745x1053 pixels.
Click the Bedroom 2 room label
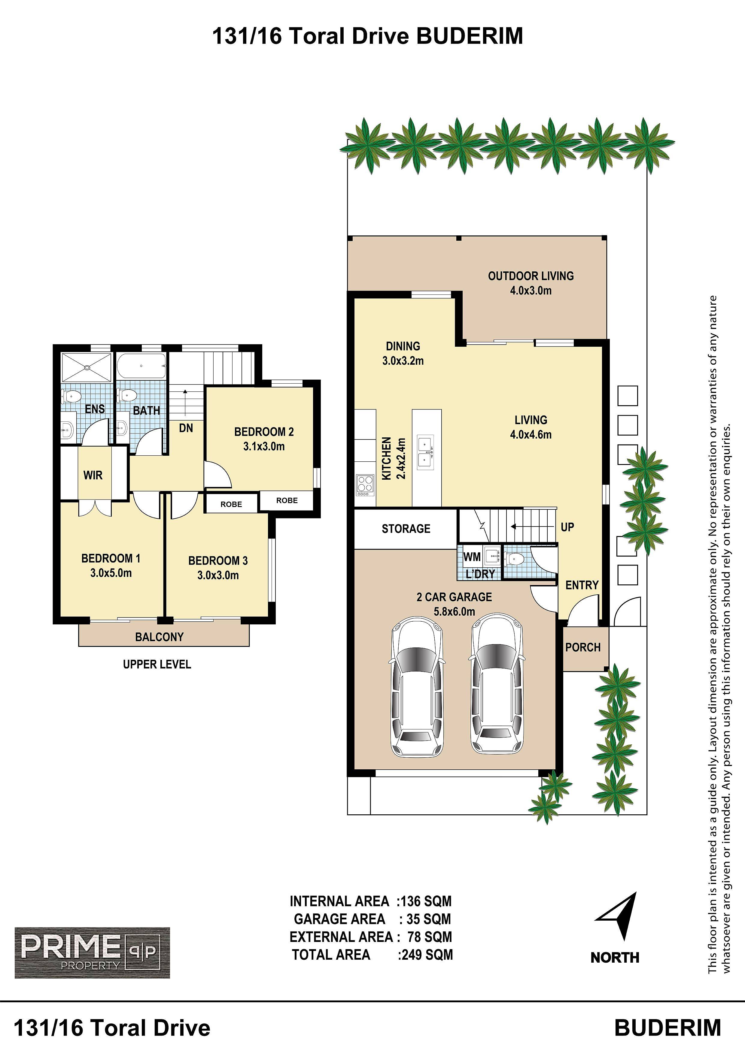click(264, 432)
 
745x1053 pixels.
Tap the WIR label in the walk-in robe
click(93, 475)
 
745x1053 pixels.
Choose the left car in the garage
click(417, 686)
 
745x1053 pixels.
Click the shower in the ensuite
click(87, 367)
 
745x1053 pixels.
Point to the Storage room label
click(406, 529)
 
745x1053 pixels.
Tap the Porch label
click(583, 647)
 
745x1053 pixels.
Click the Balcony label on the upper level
click(159, 637)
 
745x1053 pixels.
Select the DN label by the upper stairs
click(186, 428)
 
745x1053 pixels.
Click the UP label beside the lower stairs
click(567, 527)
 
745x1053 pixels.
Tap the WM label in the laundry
click(472, 557)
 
